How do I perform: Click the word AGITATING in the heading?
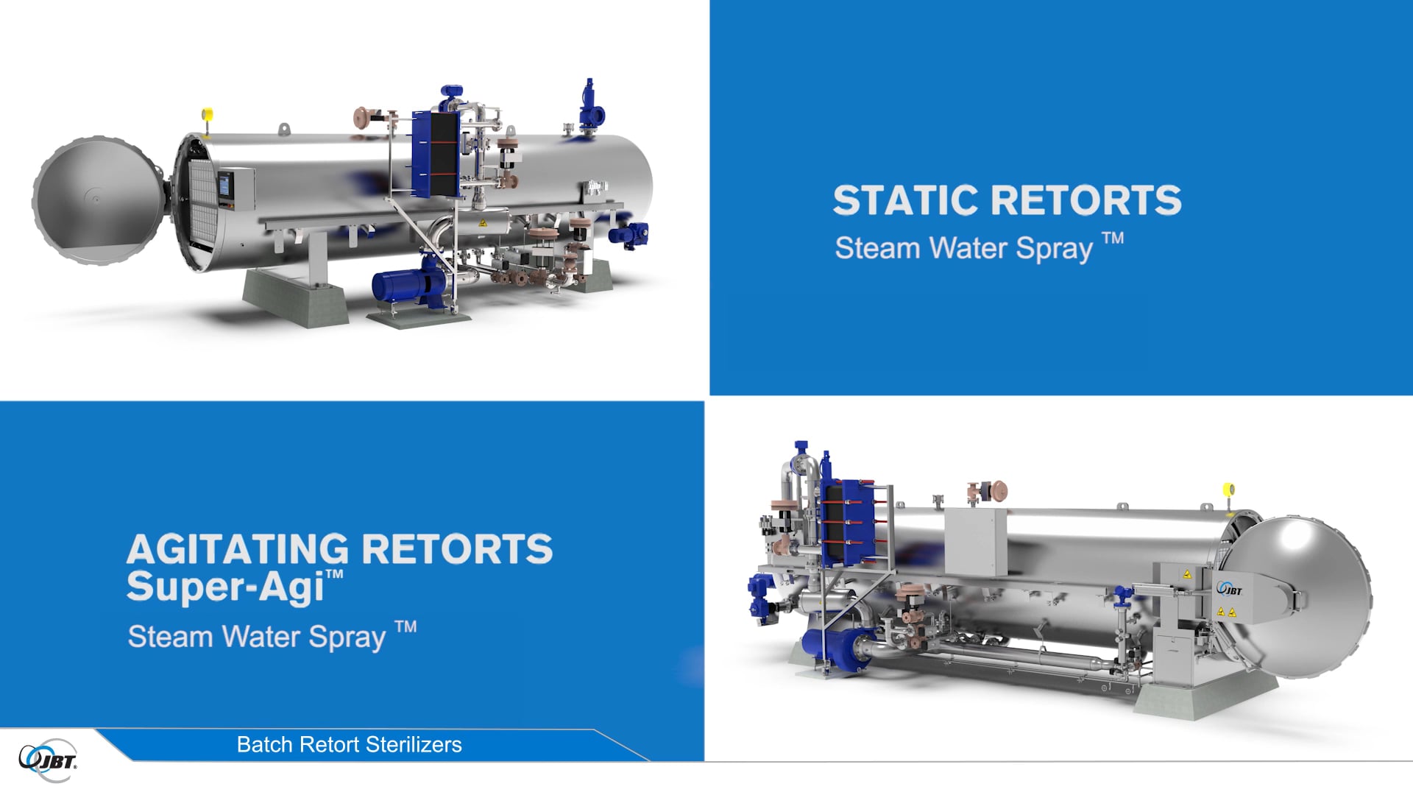point(237,549)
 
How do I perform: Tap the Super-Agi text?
point(227,587)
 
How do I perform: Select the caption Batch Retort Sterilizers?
point(349,745)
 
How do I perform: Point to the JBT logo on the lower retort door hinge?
point(1230,589)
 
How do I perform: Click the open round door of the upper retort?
point(96,200)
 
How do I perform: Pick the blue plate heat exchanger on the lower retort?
point(846,523)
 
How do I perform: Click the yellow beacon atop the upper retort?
point(208,114)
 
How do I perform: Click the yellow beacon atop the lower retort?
point(1228,490)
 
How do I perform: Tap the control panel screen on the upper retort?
point(224,185)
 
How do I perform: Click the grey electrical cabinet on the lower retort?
point(974,542)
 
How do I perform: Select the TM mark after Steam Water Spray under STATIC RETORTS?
point(1112,239)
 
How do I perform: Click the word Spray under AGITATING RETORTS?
point(347,637)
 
